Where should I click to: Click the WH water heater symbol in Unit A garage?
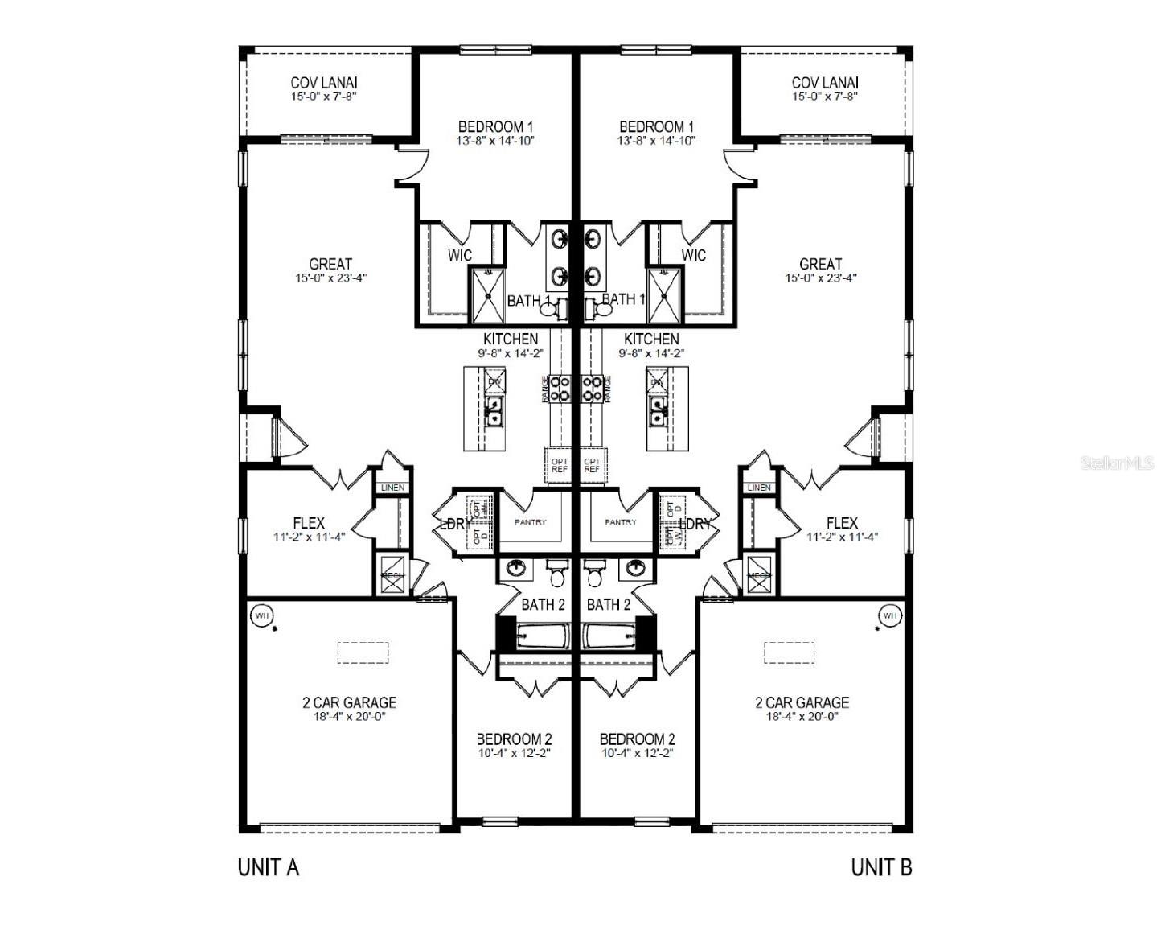tap(261, 616)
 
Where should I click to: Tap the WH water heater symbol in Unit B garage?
tap(889, 616)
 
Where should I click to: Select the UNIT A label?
tap(269, 867)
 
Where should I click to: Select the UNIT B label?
tap(881, 867)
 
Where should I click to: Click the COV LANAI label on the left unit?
tap(324, 82)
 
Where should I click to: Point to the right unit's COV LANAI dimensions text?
tap(825, 96)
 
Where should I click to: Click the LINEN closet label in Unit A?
tap(392, 488)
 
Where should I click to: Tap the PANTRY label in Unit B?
tap(621, 522)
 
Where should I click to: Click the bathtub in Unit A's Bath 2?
tap(543, 636)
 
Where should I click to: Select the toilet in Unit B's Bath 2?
tap(594, 576)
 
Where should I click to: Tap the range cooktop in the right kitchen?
tap(593, 388)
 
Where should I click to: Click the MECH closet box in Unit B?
tap(759, 575)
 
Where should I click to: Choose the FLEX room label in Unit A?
tap(309, 523)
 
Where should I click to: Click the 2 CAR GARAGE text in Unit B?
tap(802, 702)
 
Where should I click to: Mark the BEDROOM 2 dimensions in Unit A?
tap(514, 754)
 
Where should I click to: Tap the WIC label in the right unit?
tap(693, 255)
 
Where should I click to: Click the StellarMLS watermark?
tap(1117, 463)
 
